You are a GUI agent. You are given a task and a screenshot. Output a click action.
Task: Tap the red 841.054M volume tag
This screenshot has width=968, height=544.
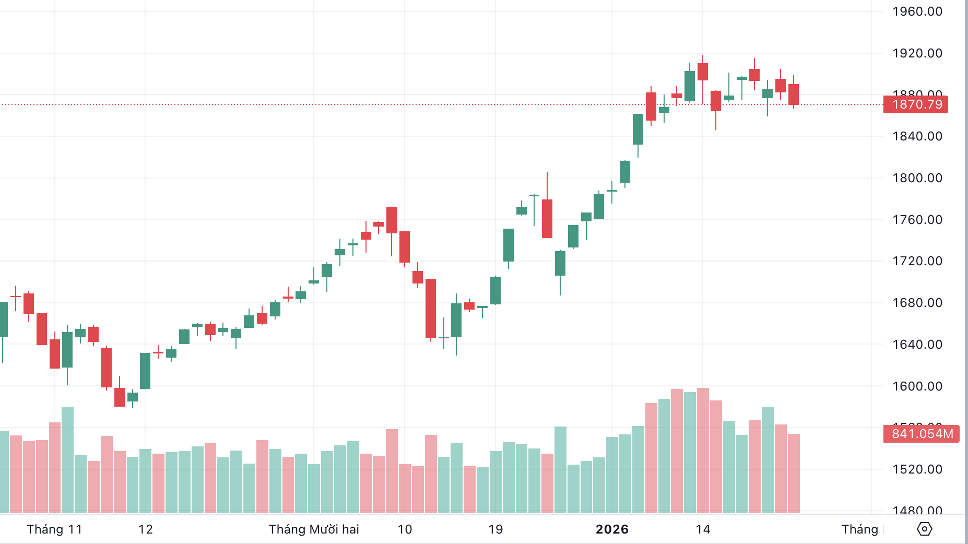click(922, 434)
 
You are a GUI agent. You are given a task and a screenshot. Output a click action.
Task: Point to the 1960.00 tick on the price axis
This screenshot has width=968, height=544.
click(917, 11)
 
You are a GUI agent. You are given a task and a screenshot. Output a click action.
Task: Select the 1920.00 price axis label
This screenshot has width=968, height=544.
click(917, 53)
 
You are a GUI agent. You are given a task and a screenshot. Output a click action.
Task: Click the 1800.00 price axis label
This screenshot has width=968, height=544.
click(917, 178)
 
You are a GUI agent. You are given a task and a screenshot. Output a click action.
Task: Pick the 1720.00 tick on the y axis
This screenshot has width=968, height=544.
click(917, 261)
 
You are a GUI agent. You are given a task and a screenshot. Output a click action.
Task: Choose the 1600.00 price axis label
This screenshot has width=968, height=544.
click(917, 386)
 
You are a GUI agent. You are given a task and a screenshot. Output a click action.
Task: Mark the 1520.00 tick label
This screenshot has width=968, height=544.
click(917, 469)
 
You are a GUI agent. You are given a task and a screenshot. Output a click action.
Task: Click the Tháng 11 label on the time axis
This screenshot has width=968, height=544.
click(54, 529)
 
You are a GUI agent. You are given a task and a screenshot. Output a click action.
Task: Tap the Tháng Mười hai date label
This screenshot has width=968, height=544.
click(314, 529)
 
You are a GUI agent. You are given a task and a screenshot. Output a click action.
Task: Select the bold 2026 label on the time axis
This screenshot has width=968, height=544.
click(612, 529)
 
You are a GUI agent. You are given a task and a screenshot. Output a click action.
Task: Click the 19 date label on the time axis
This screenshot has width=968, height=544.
click(495, 529)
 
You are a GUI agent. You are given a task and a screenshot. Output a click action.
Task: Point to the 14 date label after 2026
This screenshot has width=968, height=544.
click(703, 529)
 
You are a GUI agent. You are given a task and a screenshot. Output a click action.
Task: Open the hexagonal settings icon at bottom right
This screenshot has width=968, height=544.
click(924, 529)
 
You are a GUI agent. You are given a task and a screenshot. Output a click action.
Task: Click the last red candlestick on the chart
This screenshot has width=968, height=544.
click(794, 94)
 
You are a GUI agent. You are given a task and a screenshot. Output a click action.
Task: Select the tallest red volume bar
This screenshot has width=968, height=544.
click(703, 449)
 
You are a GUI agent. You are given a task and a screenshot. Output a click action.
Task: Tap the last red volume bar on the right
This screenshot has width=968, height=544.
click(794, 472)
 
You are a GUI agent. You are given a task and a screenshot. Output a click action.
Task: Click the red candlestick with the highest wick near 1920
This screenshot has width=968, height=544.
click(703, 72)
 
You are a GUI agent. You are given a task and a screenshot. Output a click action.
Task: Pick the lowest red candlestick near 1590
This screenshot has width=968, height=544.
click(120, 397)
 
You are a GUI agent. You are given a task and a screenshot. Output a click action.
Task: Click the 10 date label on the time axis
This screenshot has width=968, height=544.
click(405, 529)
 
